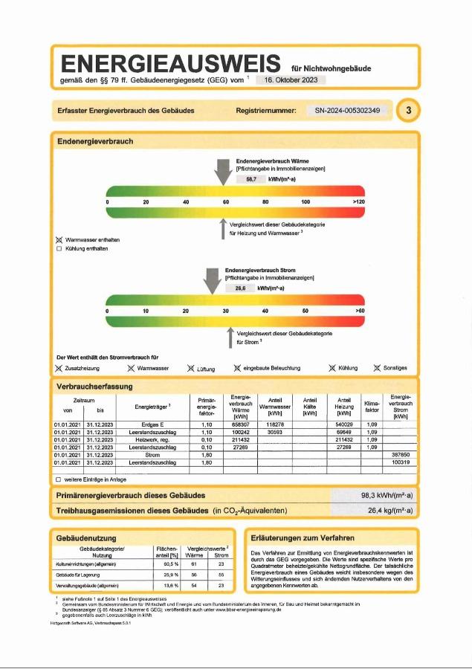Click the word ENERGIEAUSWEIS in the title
coord(170,63)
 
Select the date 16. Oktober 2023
coord(291,80)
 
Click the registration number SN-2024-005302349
coord(347,111)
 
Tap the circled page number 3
coord(408,111)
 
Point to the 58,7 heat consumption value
coord(250,179)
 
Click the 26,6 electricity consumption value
coord(240,288)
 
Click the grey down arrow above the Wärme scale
coord(222,172)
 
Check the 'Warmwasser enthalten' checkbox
coord(59,240)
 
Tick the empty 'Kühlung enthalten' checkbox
coord(59,249)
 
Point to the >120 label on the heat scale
coord(358,201)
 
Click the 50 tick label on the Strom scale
coord(305,310)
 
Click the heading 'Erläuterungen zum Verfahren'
coord(303,537)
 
